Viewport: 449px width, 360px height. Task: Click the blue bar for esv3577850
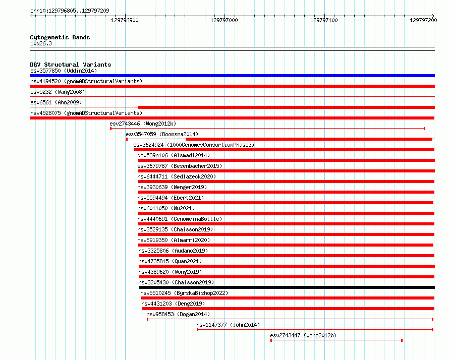232,76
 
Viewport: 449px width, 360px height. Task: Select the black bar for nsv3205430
287,287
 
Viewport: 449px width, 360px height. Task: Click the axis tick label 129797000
224,20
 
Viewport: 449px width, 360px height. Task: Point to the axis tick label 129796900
125,20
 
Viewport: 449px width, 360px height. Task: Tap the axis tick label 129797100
324,20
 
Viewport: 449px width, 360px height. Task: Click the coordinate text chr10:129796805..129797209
70,11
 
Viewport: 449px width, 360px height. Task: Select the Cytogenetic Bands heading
60,37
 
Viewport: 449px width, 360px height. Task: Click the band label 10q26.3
41,43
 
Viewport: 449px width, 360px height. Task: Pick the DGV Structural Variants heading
71,65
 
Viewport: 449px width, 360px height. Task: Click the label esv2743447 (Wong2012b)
303,335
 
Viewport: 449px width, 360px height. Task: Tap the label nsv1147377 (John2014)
228,325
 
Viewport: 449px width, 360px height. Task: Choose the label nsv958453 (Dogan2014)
178,314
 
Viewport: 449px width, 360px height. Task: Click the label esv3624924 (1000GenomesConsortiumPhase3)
194,145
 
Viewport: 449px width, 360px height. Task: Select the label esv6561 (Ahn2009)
56,102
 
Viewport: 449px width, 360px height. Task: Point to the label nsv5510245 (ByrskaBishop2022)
184,293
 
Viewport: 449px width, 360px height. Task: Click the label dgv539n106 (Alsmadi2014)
174,155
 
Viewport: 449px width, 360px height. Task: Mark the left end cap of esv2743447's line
271,340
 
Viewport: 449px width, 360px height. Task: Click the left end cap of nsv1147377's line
198,330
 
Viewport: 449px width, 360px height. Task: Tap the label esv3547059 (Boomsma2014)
162,134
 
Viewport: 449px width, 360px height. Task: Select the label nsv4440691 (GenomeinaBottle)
180,219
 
